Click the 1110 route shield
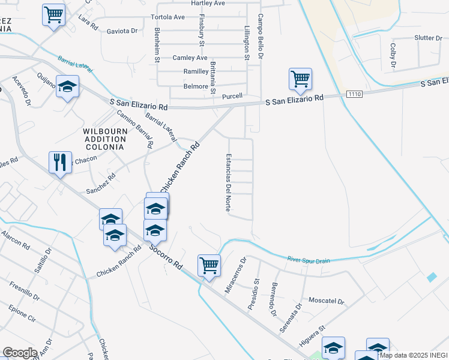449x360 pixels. point(355,95)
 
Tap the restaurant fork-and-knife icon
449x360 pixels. point(60,162)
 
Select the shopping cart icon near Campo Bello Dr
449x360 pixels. point(300,78)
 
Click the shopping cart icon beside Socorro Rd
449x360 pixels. point(209,265)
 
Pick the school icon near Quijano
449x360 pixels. point(68,86)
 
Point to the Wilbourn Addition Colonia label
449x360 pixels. point(104,139)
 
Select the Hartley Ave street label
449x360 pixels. point(208,3)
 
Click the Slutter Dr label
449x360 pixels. point(428,38)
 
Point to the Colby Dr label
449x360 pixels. point(393,55)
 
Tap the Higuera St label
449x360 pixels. point(313,336)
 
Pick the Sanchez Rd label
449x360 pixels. point(100,182)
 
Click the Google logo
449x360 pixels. point(20,353)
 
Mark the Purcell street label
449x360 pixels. point(232,96)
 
